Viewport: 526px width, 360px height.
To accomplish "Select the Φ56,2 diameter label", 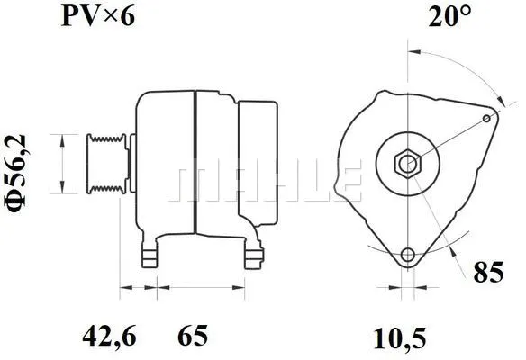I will pos(19,167).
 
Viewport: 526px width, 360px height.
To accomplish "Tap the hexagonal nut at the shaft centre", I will pos(406,164).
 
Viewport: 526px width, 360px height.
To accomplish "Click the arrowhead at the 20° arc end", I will pos(497,100).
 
